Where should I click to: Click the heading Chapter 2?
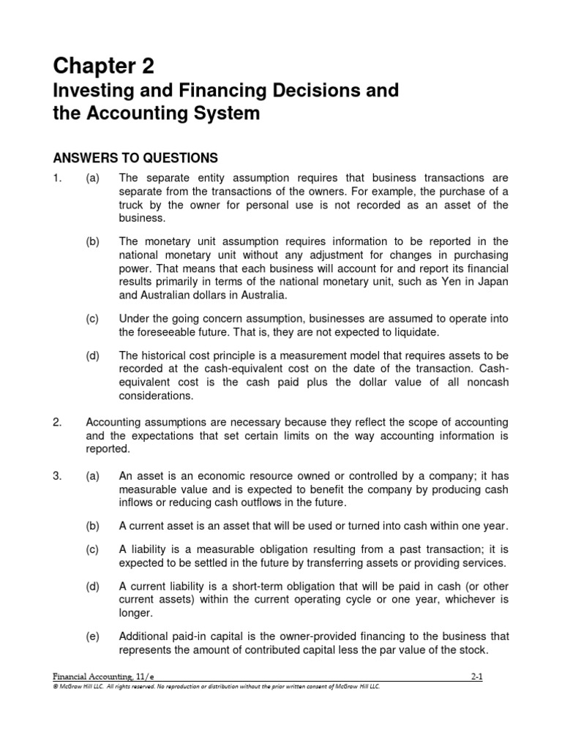point(103,67)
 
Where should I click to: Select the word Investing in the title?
point(90,91)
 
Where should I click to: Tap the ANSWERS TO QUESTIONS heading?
point(135,157)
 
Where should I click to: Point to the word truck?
point(132,205)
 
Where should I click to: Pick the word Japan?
point(492,282)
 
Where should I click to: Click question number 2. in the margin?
point(59,422)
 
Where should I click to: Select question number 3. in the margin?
point(59,475)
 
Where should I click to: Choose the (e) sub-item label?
point(92,636)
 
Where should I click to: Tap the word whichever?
point(469,600)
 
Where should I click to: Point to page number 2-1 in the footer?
point(476,677)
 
